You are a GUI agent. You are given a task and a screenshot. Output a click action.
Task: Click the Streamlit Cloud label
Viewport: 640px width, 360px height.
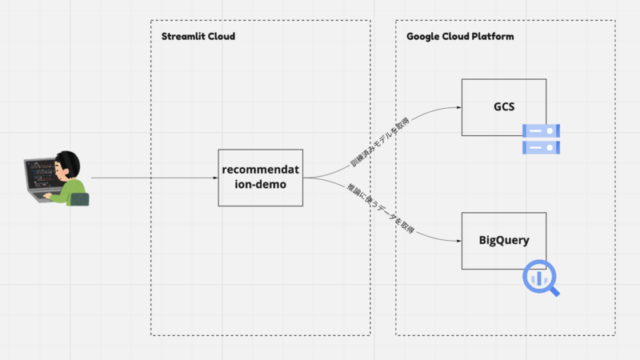coord(198,37)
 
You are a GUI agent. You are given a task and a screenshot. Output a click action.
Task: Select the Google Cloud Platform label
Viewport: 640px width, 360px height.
coord(460,37)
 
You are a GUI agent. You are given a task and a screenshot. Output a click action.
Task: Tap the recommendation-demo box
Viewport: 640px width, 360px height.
coord(261,178)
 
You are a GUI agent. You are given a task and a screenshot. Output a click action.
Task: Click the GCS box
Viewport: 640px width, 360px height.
coord(503,107)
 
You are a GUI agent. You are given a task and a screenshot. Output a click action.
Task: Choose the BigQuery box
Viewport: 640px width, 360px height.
coord(503,240)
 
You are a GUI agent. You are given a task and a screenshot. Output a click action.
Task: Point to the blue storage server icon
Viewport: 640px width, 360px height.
coord(541,138)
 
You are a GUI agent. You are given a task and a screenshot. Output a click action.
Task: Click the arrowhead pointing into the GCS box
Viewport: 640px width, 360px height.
coord(458,107)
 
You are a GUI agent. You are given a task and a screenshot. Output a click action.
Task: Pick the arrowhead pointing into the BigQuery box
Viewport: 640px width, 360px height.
coord(458,241)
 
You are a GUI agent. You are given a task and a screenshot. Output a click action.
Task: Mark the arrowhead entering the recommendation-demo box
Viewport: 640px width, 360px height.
coord(215,178)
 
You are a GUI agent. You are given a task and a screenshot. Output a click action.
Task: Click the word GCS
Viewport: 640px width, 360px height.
coord(503,107)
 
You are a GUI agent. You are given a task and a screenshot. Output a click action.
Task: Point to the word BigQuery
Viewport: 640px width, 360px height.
coord(503,240)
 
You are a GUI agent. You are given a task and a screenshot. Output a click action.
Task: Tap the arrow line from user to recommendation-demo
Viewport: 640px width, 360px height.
coord(152,178)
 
